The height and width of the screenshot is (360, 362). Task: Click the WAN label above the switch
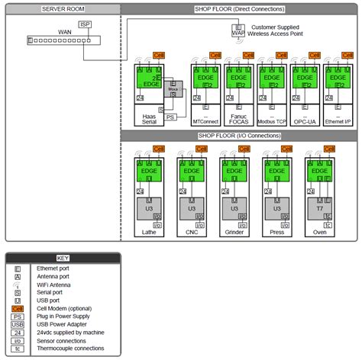click(65, 32)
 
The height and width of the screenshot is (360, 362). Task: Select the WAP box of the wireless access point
click(238, 34)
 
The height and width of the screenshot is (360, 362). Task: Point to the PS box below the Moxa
click(170, 117)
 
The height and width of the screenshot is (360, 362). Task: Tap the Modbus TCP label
click(270, 121)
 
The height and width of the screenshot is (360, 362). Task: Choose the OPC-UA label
click(305, 121)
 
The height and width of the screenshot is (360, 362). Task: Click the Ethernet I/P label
click(338, 121)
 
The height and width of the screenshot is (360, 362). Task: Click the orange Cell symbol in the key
click(18, 308)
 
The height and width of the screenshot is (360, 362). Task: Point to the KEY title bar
click(63, 258)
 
